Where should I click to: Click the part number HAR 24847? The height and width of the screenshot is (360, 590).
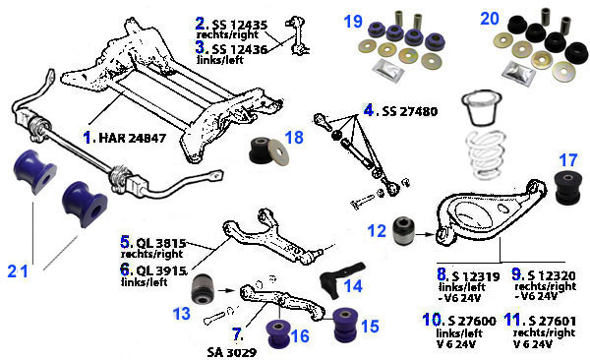(132, 139)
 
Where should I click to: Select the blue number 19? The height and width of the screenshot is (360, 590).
(353, 22)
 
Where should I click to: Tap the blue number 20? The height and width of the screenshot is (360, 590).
(490, 19)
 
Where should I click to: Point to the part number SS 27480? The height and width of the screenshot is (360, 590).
(409, 111)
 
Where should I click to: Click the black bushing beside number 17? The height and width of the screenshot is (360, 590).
(568, 188)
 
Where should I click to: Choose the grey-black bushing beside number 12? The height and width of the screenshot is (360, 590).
(403, 230)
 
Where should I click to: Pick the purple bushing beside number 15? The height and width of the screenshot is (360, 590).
(346, 326)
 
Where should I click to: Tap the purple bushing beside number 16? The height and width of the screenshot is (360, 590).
(278, 334)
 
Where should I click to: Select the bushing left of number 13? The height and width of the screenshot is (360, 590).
(203, 289)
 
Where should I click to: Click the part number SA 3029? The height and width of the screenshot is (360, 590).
(232, 352)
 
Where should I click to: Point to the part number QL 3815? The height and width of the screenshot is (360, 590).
(160, 243)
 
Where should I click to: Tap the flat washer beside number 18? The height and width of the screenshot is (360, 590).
(278, 151)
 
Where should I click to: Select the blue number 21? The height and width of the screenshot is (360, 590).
(18, 271)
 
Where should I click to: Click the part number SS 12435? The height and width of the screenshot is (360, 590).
(240, 25)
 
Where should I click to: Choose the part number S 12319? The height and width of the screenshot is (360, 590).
(476, 276)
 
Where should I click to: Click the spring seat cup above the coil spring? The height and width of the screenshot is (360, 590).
(482, 107)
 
